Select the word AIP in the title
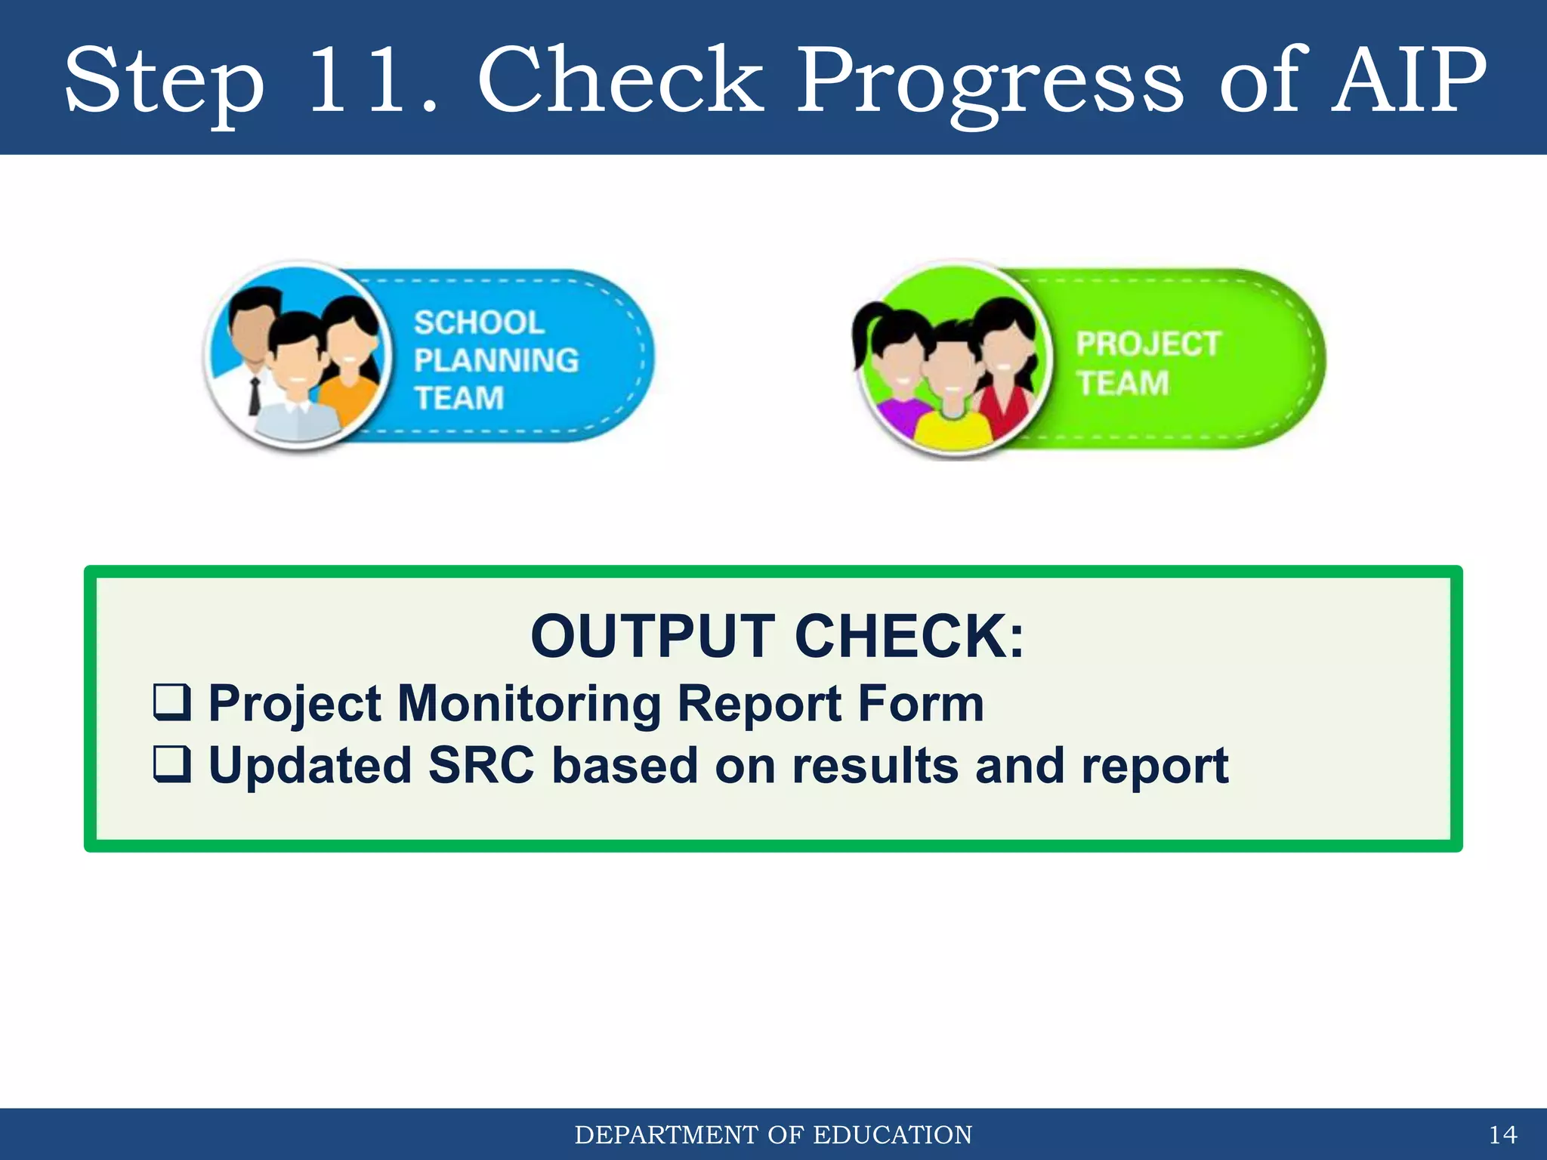tap(1408, 81)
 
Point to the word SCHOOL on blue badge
tap(479, 323)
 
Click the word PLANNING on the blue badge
tap(496, 361)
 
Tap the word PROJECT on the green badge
tap(1147, 344)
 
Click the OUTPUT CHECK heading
tap(777, 636)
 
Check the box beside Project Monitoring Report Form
tap(171, 702)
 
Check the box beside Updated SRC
tap(171, 764)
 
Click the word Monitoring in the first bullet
tap(529, 704)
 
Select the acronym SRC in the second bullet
tap(481, 766)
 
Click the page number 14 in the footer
tap(1502, 1135)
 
